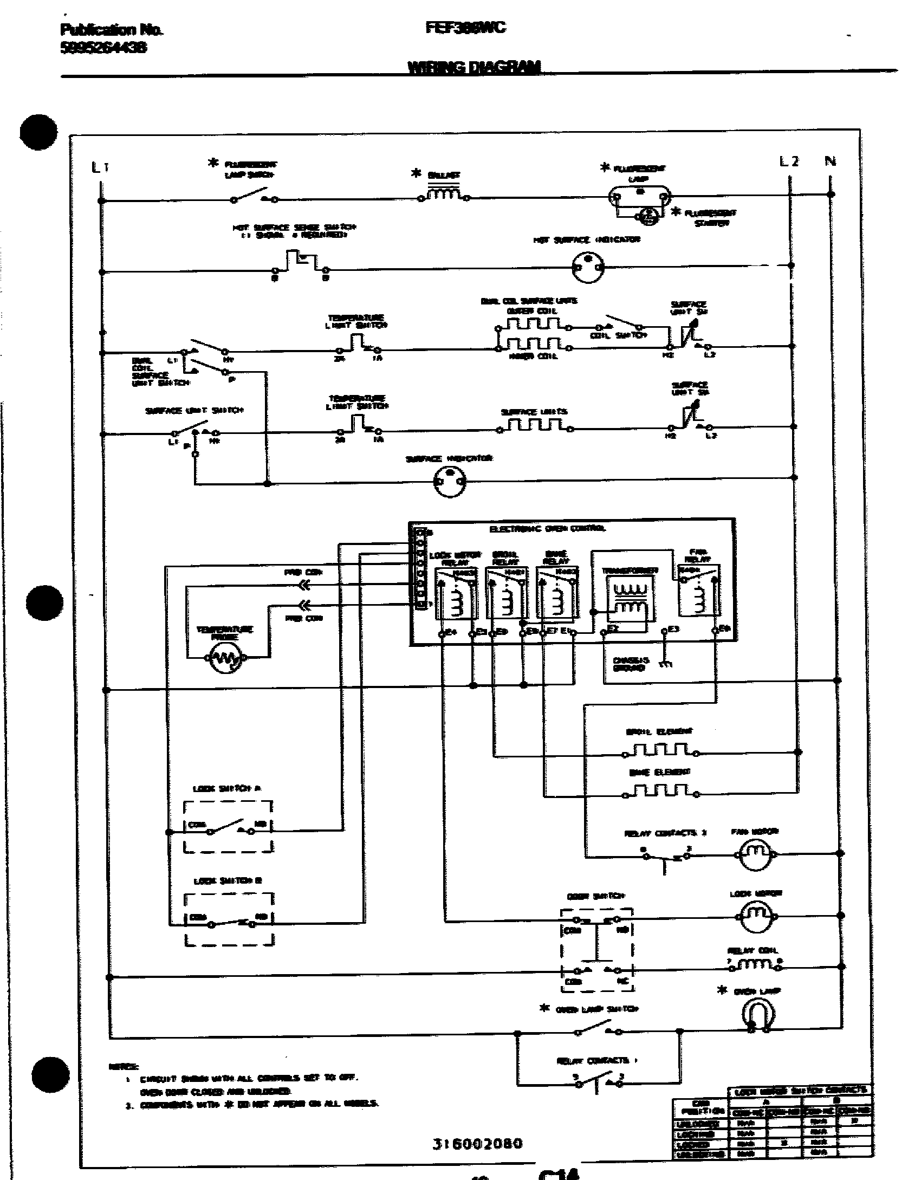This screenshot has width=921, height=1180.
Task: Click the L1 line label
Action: (100, 168)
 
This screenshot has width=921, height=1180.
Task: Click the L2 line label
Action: (788, 161)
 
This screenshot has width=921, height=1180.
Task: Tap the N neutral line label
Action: (830, 161)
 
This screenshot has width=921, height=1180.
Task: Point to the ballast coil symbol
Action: (444, 194)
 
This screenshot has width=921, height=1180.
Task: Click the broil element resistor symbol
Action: (661, 750)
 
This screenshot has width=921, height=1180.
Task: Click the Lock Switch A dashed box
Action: (228, 826)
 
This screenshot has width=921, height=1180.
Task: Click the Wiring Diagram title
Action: (474, 67)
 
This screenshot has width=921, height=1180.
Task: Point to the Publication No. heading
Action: (111, 30)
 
